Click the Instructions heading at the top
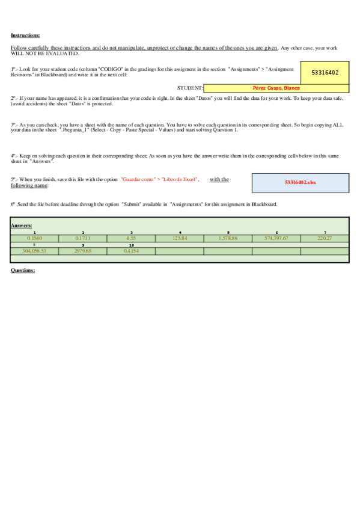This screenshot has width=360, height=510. click(x=25, y=35)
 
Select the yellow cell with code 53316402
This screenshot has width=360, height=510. click(x=325, y=72)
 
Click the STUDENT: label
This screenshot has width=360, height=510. click(x=190, y=88)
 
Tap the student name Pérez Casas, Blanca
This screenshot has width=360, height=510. click(x=276, y=88)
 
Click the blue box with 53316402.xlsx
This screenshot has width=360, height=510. click(x=300, y=182)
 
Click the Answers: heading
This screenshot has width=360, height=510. click(x=21, y=225)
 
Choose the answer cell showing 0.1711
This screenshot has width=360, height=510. click(x=83, y=238)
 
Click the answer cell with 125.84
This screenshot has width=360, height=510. click(x=180, y=238)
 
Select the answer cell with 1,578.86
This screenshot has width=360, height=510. click(x=228, y=238)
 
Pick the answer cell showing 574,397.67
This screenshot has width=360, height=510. click(x=276, y=238)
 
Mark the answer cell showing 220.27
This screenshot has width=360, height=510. click(x=325, y=238)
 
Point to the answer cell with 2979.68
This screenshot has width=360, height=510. click(x=83, y=251)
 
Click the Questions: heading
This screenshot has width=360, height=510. click(x=23, y=270)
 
